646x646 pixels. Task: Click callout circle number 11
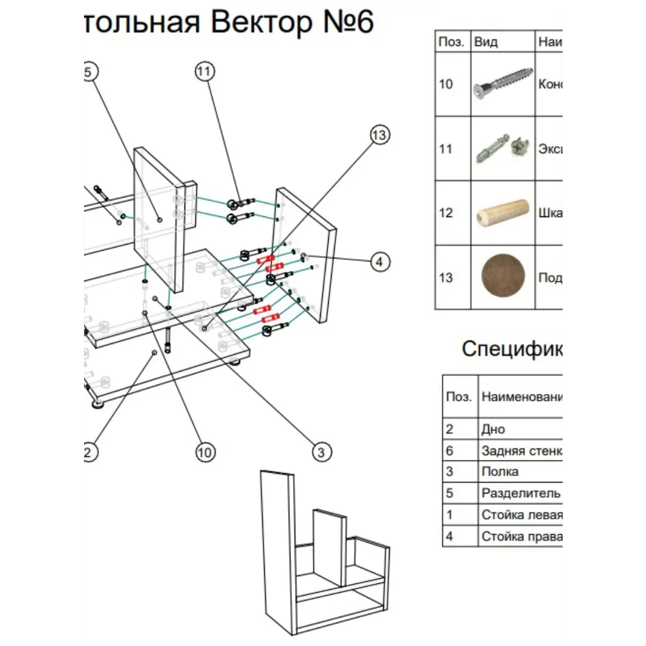pos(204,72)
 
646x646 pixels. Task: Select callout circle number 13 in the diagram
pos(380,135)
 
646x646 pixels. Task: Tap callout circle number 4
pos(380,262)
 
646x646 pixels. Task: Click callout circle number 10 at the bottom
pos(205,452)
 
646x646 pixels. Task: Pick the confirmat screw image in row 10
pos(503,84)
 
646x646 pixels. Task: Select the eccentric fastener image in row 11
pos(503,149)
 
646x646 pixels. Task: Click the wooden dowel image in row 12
pos(503,213)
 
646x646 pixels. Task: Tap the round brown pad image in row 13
pos(503,278)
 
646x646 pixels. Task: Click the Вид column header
pos(486,42)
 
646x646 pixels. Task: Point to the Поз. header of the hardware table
pos(451,42)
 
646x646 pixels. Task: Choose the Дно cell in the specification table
pos(494,429)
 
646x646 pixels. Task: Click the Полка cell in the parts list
pos(500,472)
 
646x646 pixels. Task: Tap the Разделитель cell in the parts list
pos(521,493)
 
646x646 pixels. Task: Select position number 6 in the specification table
pos(449,450)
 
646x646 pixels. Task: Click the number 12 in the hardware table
pos(446,213)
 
